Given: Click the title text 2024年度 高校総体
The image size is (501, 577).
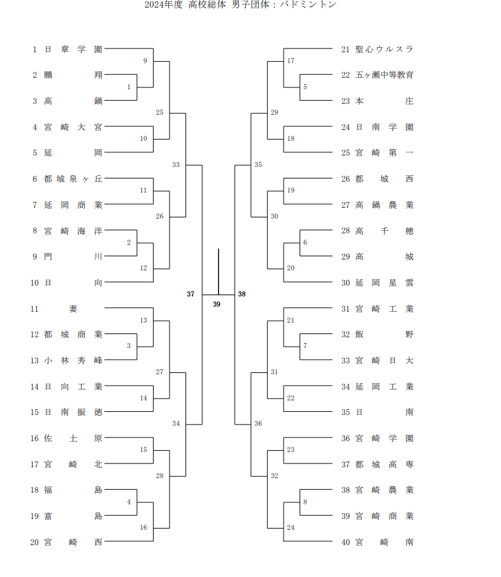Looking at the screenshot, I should pos(184,5).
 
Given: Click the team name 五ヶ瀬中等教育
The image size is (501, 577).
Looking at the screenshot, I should pos(384,75).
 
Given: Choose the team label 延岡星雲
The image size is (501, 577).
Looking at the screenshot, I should pos(384,282).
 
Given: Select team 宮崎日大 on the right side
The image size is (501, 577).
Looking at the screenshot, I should pos(384,360).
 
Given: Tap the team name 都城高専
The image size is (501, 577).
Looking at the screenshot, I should pos(384,464).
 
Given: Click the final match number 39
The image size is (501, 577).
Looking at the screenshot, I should pos(217,304).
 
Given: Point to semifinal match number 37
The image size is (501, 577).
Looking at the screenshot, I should pos(191,294).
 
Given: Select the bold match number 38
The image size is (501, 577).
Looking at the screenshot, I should pos(242,294).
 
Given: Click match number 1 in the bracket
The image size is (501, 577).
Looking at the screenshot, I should pos(129,87).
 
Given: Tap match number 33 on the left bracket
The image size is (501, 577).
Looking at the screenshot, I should pos(176,164).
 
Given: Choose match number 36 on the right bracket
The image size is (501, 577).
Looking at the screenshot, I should pos(258,423).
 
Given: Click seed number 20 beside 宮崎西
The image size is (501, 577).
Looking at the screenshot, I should pos(35,542).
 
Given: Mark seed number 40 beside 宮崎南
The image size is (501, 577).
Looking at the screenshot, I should pos(345,542).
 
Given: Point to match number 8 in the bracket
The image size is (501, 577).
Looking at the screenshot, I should pos(305,502).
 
